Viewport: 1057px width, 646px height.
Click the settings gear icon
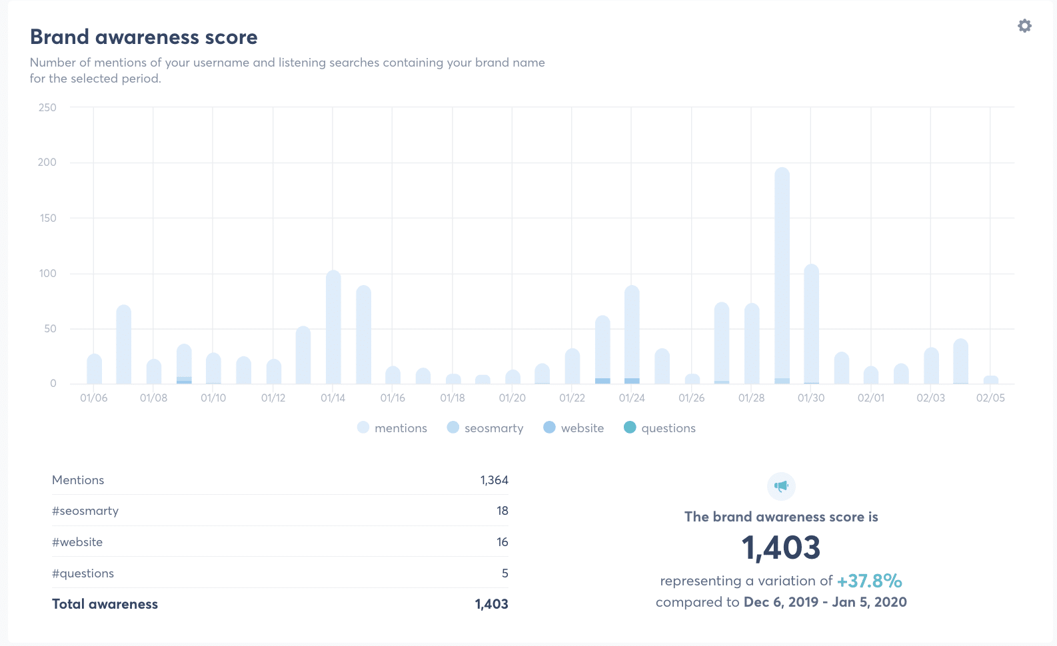click(1024, 26)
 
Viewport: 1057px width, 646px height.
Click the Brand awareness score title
click(144, 37)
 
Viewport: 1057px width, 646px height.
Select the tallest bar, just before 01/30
click(782, 273)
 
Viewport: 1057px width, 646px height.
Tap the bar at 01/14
click(333, 326)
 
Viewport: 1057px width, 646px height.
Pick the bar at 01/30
click(811, 323)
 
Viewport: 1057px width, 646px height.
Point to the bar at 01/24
click(632, 333)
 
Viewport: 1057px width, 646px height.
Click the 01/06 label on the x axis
click(94, 398)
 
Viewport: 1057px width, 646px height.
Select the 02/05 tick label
click(990, 398)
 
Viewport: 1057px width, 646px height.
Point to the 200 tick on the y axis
click(47, 162)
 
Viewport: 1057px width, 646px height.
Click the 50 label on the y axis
click(50, 329)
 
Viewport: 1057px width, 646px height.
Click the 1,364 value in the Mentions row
click(494, 480)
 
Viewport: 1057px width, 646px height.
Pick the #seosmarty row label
click(85, 511)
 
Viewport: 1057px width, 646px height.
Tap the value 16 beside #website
click(502, 542)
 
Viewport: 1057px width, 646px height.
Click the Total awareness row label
click(105, 604)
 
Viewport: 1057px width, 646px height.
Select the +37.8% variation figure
click(869, 581)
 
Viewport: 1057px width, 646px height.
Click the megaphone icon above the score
click(781, 486)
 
